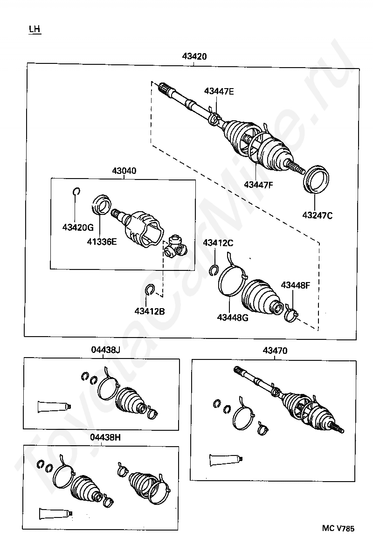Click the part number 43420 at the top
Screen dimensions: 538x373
coord(194,56)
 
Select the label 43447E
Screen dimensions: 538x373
coord(219,91)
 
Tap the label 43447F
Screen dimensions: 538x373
coord(258,185)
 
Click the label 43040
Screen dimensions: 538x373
coord(124,171)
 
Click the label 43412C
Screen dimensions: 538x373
coord(218,243)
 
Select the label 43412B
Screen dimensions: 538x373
coord(149,311)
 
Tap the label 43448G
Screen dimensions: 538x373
coord(233,318)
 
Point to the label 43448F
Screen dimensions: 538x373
coord(295,285)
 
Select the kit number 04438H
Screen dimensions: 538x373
coord(106,438)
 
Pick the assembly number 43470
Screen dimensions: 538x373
coord(275,350)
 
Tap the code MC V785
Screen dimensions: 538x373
coord(338,528)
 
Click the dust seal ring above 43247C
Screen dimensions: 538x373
coord(317,179)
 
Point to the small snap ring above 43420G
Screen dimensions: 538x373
coord(77,192)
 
